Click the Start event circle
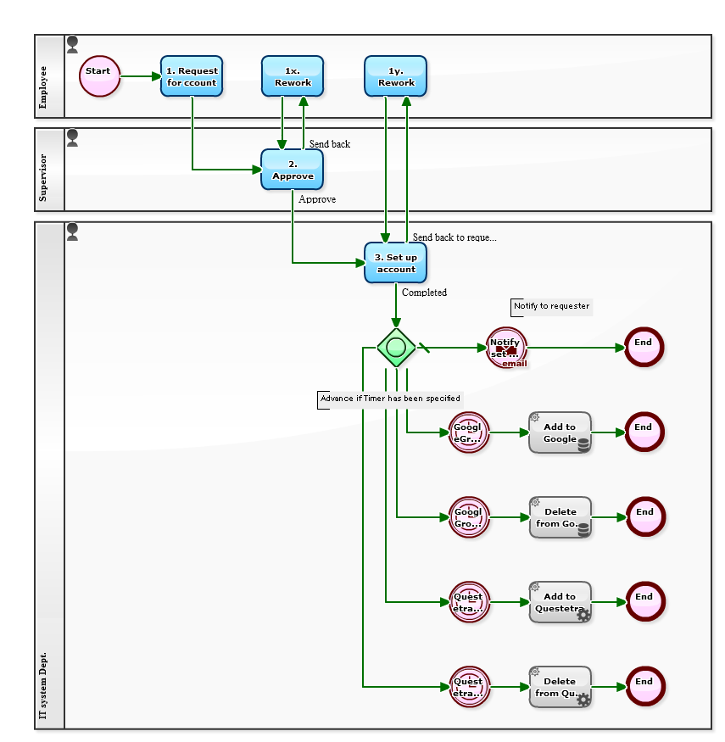tap(99, 76)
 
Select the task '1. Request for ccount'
tap(192, 76)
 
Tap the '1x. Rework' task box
tap(293, 76)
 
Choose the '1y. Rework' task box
tap(395, 76)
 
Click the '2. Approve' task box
tap(293, 170)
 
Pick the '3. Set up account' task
tap(395, 263)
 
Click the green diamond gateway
tap(396, 347)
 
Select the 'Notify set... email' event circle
tap(506, 348)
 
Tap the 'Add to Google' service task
tap(560, 432)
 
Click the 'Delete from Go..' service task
tap(560, 517)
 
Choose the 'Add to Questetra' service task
tap(560, 602)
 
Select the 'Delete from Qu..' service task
tap(560, 687)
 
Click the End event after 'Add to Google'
tap(644, 432)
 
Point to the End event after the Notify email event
tap(644, 348)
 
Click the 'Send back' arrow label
tap(330, 144)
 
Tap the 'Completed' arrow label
tap(424, 293)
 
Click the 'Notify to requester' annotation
tap(551, 306)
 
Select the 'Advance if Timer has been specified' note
tap(390, 399)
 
